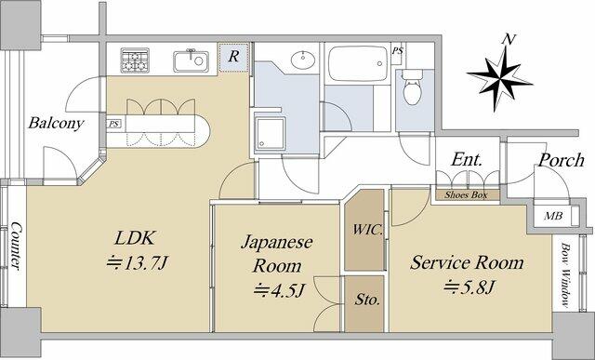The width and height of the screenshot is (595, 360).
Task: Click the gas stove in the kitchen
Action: (134, 60)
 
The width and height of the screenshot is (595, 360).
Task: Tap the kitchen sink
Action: (191, 60)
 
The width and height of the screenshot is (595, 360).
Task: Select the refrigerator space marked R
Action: (233, 58)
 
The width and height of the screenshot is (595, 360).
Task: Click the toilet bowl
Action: (413, 88)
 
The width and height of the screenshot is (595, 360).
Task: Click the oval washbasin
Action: (304, 60)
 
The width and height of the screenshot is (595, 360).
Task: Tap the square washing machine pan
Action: (270, 134)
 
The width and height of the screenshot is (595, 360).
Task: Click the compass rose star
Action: (499, 78)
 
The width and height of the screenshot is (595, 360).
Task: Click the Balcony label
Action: (56, 123)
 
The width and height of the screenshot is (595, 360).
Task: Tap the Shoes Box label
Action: (466, 195)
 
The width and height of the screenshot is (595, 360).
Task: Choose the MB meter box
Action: (553, 216)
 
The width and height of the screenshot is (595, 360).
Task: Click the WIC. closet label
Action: (367, 230)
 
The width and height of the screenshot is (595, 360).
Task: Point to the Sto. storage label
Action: (367, 300)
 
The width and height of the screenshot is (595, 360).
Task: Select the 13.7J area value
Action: (137, 262)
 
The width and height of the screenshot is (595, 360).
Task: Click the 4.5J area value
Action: (279, 291)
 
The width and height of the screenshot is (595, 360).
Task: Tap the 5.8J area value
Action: (469, 287)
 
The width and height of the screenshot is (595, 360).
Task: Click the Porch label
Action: (562, 160)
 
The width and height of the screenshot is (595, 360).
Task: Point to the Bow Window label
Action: (566, 274)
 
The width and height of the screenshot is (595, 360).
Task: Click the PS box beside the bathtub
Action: (397, 50)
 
